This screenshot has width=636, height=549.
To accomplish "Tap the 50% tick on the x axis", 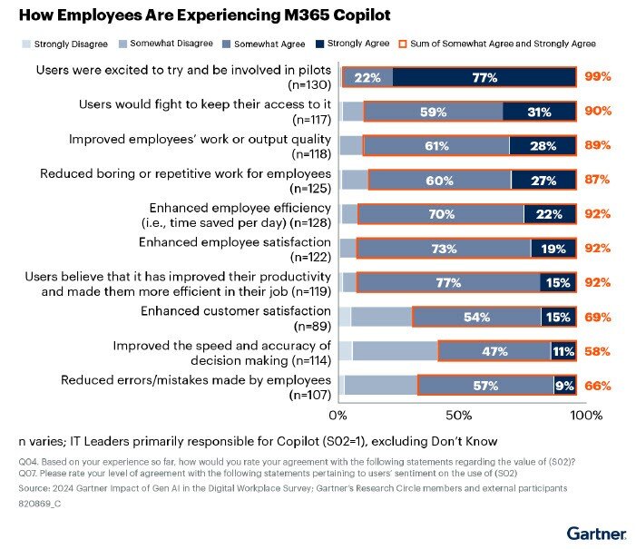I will tap(459, 415).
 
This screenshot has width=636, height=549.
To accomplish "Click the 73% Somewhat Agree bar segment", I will tap(444, 248).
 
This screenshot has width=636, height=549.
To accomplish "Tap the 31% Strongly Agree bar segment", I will tap(539, 111).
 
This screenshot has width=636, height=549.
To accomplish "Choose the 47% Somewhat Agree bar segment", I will tap(494, 350).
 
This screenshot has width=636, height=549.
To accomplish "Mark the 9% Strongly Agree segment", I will tap(564, 385).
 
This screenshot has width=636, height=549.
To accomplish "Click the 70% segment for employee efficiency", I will tap(441, 213).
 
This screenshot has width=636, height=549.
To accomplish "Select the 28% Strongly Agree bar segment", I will tap(542, 145).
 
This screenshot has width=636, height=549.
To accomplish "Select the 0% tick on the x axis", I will tap(338, 415).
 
